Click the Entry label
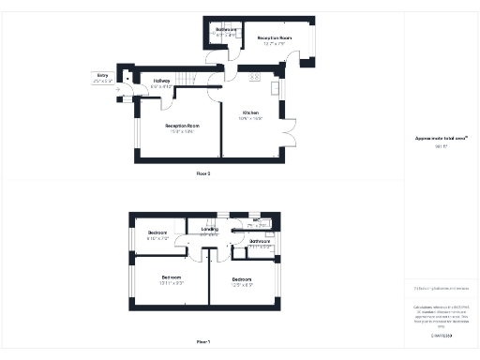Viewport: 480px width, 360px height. pos(102,77)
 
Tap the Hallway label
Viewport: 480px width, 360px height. pos(161,82)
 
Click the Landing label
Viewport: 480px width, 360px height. pos(210,229)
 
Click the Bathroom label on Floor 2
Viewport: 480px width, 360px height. pos(226,30)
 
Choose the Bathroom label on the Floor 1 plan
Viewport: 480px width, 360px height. pos(260,242)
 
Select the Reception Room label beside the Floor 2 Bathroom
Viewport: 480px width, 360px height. pos(275,38)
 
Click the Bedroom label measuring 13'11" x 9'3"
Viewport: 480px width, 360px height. pos(172,278)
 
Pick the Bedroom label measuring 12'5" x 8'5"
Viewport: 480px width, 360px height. pos(242,280)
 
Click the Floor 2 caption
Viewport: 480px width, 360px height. pos(203,173)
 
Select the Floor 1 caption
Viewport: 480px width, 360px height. pos(203,342)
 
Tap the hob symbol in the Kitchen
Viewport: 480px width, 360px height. pos(254,73)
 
